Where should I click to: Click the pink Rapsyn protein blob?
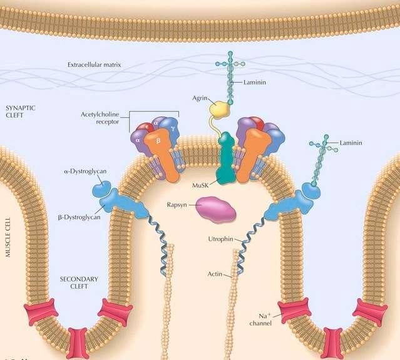click(x=216, y=209)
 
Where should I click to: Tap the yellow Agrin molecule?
click(x=220, y=111)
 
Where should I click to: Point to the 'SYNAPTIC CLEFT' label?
click(x=20, y=111)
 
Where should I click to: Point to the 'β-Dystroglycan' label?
click(x=79, y=217)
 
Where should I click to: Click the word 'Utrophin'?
click(x=220, y=239)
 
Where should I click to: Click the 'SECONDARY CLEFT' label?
click(x=74, y=282)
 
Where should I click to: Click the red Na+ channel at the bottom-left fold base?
click(x=78, y=342)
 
